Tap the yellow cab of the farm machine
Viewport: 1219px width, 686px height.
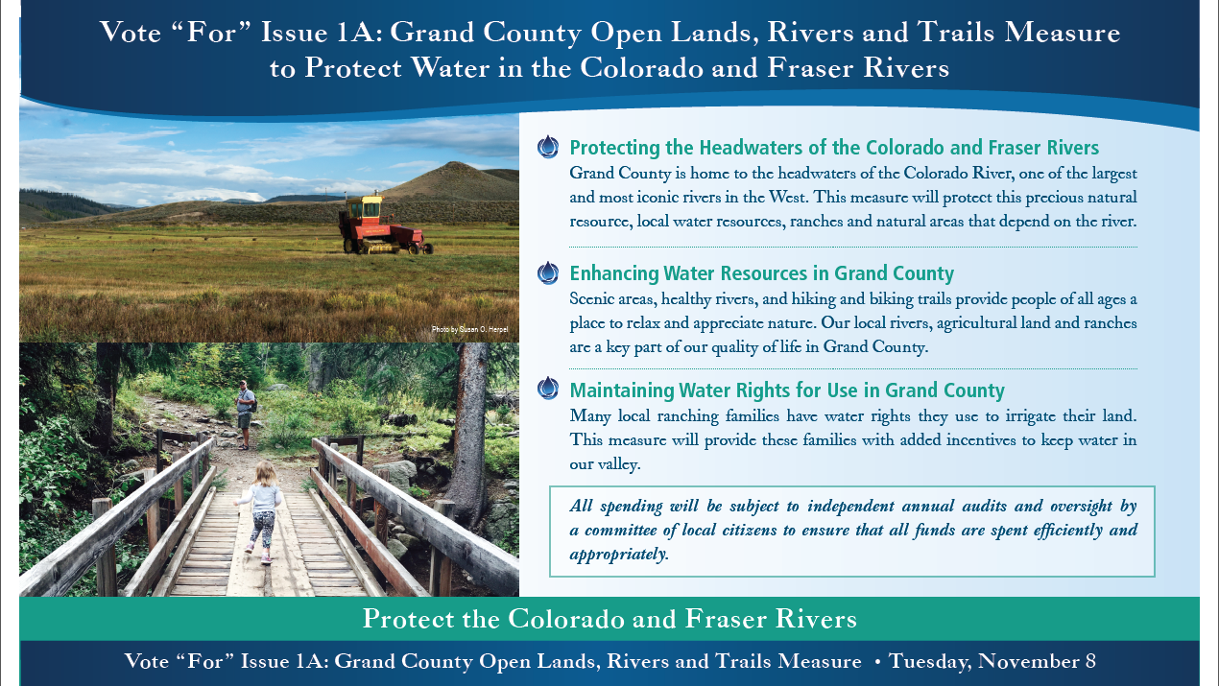point(365,206)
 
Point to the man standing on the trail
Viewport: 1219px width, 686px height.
point(245,414)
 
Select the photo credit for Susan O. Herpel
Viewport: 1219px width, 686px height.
point(469,329)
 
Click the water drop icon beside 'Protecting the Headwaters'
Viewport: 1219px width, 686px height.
point(548,147)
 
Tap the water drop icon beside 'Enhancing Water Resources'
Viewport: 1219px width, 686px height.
point(548,273)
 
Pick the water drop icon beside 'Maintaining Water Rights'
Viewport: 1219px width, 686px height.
point(548,389)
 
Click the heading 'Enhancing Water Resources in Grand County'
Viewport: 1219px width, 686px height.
point(761,273)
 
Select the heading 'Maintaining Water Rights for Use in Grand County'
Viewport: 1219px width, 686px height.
point(787,390)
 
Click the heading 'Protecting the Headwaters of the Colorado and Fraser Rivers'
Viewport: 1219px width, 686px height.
point(834,148)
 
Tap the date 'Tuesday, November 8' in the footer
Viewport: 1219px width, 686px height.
point(992,661)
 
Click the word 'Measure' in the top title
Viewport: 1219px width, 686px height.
point(1063,33)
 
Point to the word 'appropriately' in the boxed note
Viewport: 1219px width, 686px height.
point(619,555)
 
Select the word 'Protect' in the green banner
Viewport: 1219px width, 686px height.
point(408,619)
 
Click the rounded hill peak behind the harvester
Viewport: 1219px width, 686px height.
point(453,165)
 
